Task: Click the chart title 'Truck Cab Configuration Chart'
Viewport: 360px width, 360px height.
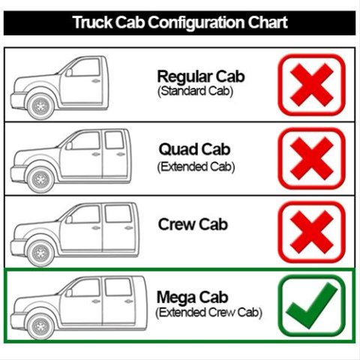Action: [x=180, y=22]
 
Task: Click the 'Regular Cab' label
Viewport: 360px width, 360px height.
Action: [x=201, y=76]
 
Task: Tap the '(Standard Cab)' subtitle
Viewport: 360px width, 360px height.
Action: [x=195, y=91]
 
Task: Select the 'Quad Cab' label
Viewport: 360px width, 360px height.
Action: [x=194, y=149]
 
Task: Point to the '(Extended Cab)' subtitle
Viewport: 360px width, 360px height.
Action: [x=196, y=166]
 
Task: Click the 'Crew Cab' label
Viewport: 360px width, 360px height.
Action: [x=193, y=224]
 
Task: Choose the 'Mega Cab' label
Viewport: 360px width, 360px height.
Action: [x=192, y=298]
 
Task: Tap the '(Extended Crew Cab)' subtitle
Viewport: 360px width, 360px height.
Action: [x=208, y=313]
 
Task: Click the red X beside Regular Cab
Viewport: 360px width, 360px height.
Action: [x=312, y=85]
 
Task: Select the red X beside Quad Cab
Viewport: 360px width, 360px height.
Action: [x=312, y=158]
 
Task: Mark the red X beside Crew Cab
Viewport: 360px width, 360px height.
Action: [x=312, y=232]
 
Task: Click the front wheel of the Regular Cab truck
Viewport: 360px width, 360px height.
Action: [x=40, y=106]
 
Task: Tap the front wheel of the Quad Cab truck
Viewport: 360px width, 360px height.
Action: [x=40, y=180]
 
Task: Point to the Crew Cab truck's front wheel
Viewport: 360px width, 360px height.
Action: [x=40, y=253]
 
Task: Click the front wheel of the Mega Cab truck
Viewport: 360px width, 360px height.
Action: [x=40, y=327]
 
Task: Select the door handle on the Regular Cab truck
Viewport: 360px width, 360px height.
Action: [x=96, y=80]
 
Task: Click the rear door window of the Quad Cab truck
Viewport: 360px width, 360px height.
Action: [x=114, y=140]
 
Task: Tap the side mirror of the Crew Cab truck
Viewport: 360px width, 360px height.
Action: [x=69, y=219]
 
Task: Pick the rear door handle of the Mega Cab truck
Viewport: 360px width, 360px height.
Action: [x=129, y=301]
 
